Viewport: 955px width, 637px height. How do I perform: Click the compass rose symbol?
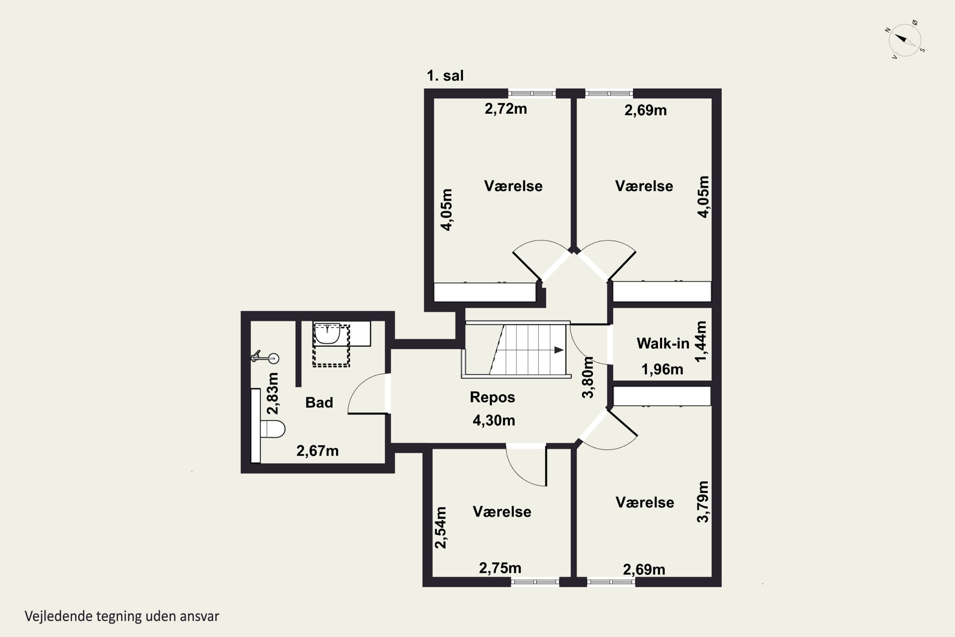(905, 39)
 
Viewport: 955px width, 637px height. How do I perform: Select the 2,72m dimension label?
(506, 109)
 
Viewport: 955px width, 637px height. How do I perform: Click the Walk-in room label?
(663, 343)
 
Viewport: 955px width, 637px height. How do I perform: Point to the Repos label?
(492, 397)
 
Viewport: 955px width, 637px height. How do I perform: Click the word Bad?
(319, 402)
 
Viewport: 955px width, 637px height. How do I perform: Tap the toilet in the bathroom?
(272, 429)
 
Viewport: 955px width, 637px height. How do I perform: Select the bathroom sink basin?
(327, 333)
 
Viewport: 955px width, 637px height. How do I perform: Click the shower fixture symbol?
(265, 357)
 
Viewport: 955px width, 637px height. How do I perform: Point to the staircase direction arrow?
(559, 350)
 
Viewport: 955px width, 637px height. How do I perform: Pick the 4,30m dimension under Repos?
(494, 420)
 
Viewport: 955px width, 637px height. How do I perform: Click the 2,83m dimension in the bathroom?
(273, 393)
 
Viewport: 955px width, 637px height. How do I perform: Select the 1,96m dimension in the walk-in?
(662, 369)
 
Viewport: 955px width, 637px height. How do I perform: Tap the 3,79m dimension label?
(703, 501)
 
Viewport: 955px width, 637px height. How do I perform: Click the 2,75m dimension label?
(500, 568)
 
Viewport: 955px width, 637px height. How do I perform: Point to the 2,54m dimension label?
(441, 527)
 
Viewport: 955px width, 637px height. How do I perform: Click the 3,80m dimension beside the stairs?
(588, 377)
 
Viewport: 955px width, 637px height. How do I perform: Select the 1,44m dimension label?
(701, 341)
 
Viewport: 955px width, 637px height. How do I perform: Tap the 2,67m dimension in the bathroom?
(317, 451)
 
